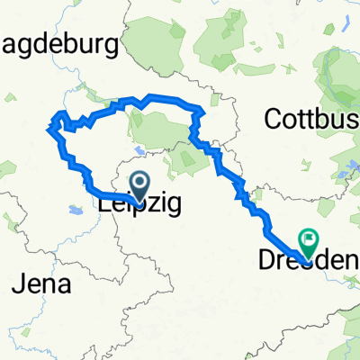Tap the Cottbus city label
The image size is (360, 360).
point(310,118)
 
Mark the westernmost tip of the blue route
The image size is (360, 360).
point(47,131)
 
